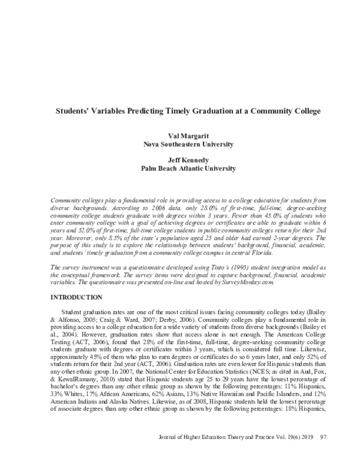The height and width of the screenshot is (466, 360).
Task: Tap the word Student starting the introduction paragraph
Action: point(73,312)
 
